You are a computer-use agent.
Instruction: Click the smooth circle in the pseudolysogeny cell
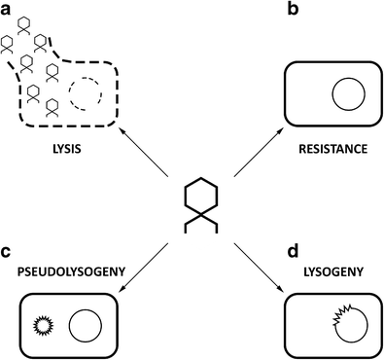click(85, 323)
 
